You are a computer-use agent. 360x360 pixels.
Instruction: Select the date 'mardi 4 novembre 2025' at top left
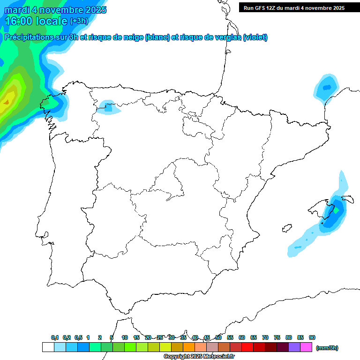click(x=55, y=9)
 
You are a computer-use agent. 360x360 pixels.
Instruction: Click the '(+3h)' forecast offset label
click(x=79, y=21)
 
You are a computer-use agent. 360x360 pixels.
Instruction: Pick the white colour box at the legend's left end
click(x=48, y=347)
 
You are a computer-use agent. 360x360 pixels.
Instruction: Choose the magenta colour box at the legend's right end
click(x=306, y=347)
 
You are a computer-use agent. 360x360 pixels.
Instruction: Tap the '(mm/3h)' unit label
click(x=327, y=348)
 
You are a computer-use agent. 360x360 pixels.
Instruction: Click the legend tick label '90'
click(x=312, y=337)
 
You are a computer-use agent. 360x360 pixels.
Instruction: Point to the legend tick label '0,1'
click(x=55, y=337)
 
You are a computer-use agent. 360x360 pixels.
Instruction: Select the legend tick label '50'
click(x=218, y=337)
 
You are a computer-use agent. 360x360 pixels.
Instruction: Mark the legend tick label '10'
click(x=125, y=337)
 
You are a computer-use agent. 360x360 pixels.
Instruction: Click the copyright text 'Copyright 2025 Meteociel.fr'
click(x=199, y=357)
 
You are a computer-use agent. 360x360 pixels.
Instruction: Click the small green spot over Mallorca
click(x=336, y=210)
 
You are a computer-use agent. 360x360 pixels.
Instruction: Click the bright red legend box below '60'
click(x=247, y=347)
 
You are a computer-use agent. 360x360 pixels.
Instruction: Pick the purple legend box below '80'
click(x=294, y=347)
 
